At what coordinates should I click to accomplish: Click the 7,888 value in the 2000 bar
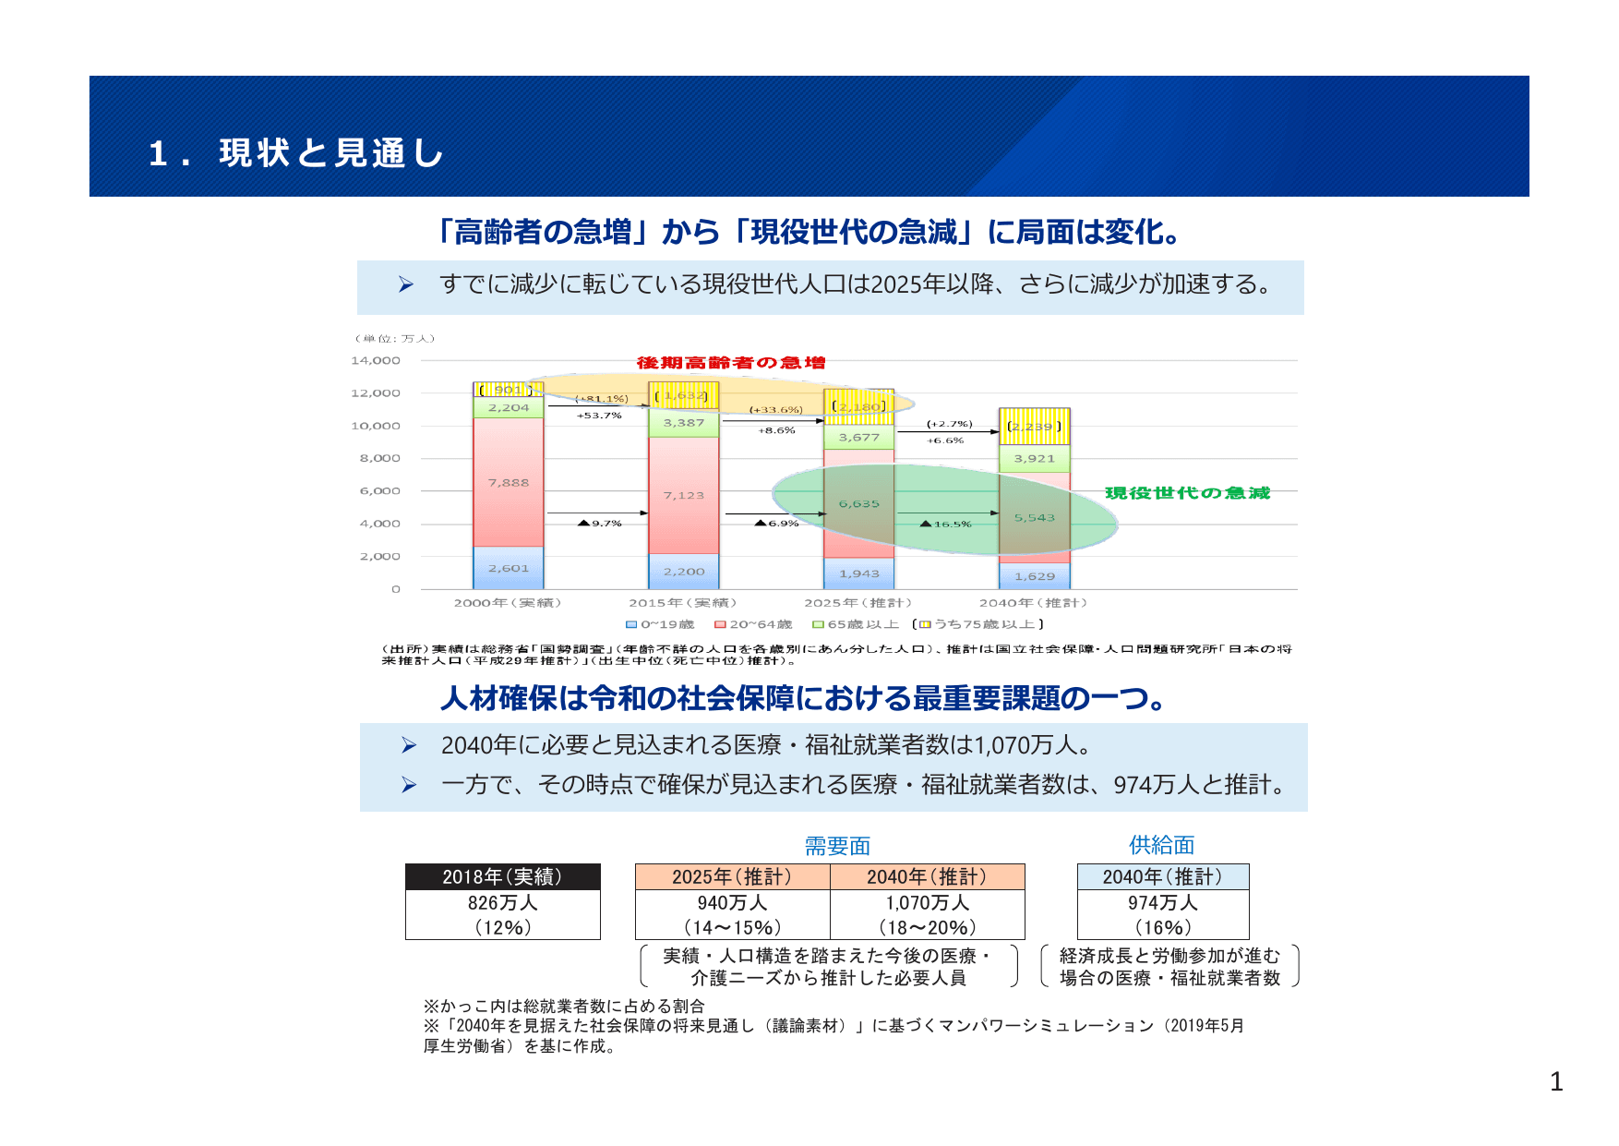(509, 483)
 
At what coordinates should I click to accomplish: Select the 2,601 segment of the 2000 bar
(509, 568)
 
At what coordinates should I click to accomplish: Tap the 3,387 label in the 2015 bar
(684, 423)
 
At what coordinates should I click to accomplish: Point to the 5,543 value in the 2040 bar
(1035, 518)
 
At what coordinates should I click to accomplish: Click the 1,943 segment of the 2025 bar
(859, 573)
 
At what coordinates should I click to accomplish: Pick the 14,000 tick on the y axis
(376, 361)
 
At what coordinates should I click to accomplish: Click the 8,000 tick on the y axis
(379, 458)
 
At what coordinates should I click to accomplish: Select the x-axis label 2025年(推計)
(857, 603)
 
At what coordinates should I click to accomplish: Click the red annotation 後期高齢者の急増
(731, 363)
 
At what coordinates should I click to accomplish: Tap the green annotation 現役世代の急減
(1187, 493)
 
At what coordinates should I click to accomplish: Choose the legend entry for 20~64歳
(754, 624)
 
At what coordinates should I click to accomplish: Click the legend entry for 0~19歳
(661, 624)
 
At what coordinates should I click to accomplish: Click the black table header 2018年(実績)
(502, 877)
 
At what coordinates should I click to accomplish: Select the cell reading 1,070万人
(927, 903)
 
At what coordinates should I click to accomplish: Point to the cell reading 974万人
(1162, 903)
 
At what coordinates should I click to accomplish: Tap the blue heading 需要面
(837, 846)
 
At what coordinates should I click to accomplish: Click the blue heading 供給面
(1161, 845)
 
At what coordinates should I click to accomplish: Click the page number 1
(1556, 1081)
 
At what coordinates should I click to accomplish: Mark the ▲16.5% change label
(947, 525)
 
